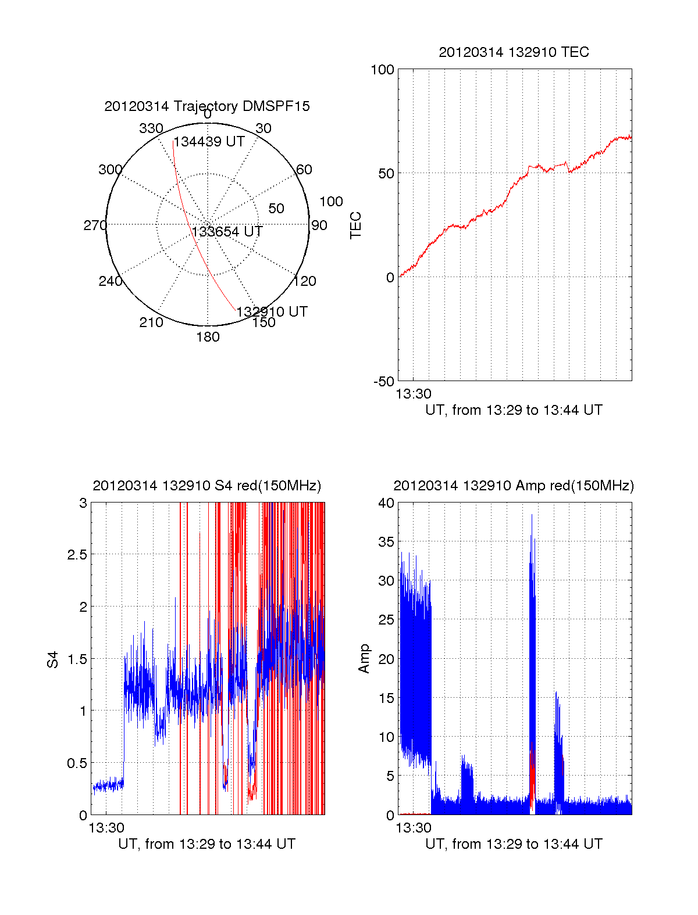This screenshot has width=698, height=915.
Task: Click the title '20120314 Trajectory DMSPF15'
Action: click(207, 106)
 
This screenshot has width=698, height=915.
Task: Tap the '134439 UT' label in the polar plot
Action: click(209, 142)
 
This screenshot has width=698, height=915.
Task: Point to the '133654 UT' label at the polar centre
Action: click(227, 232)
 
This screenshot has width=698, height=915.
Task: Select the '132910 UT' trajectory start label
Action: click(272, 311)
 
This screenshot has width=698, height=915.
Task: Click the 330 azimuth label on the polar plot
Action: click(151, 128)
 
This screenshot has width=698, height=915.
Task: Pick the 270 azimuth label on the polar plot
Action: click(95, 225)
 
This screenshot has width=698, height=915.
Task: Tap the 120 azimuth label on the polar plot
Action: click(305, 281)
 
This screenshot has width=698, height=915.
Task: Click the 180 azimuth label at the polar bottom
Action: click(208, 337)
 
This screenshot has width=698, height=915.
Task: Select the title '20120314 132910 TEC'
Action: click(514, 52)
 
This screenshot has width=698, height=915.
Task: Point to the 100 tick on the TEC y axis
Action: click(382, 70)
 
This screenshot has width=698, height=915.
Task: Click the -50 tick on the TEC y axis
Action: click(383, 382)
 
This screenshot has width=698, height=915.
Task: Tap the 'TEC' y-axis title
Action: click(355, 225)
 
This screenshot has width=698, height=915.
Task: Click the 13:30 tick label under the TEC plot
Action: click(414, 394)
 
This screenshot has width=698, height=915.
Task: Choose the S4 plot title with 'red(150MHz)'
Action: click(206, 486)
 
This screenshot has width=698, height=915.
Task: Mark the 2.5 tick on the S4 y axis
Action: click(77, 555)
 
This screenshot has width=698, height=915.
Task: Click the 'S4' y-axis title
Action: click(53, 659)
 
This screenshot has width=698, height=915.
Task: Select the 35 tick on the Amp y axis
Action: click(386, 542)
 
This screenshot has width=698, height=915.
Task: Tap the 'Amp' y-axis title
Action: click(364, 659)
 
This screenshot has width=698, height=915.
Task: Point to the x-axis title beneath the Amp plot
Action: click(514, 844)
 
